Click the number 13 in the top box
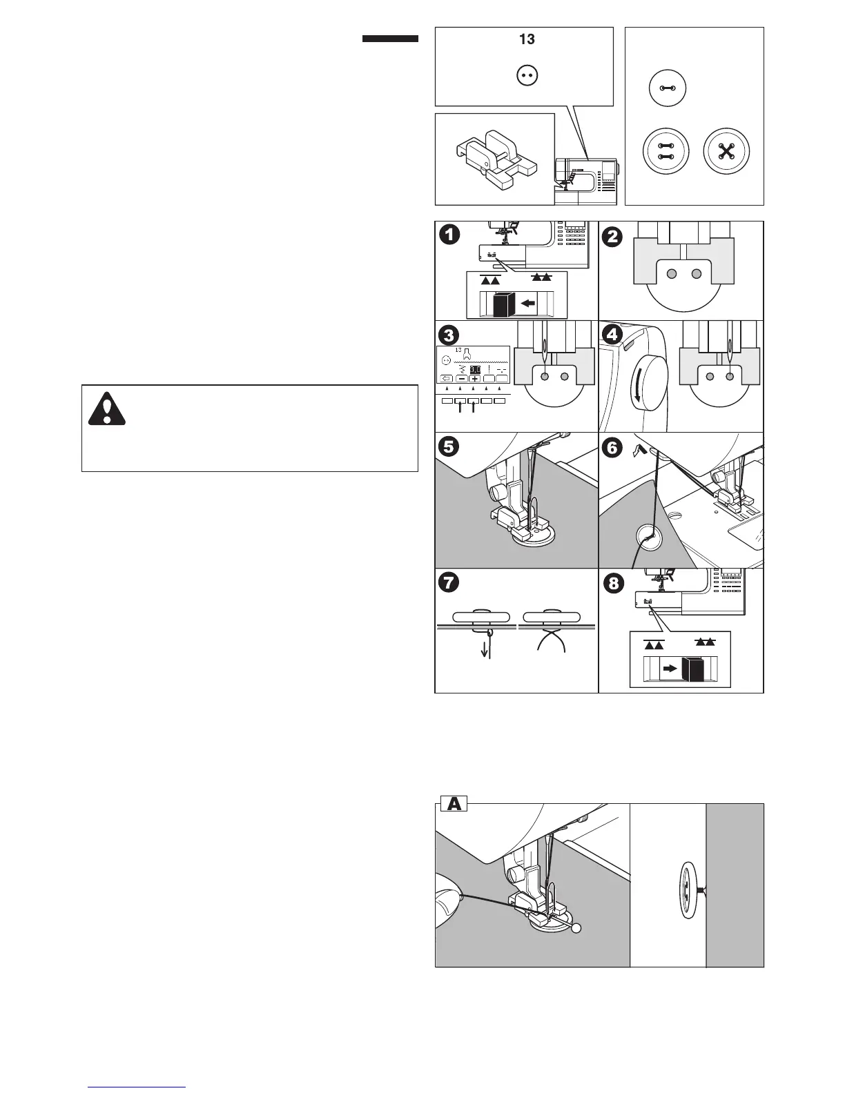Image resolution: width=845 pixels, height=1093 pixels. pos(527,39)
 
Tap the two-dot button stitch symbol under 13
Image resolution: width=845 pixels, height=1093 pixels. pos(527,76)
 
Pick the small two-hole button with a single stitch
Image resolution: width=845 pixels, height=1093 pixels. pos(666,90)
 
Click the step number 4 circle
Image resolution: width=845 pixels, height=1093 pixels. pos(612,335)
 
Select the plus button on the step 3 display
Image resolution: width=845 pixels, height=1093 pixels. pos(474,379)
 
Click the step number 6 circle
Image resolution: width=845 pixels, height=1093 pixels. pos(612,446)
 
